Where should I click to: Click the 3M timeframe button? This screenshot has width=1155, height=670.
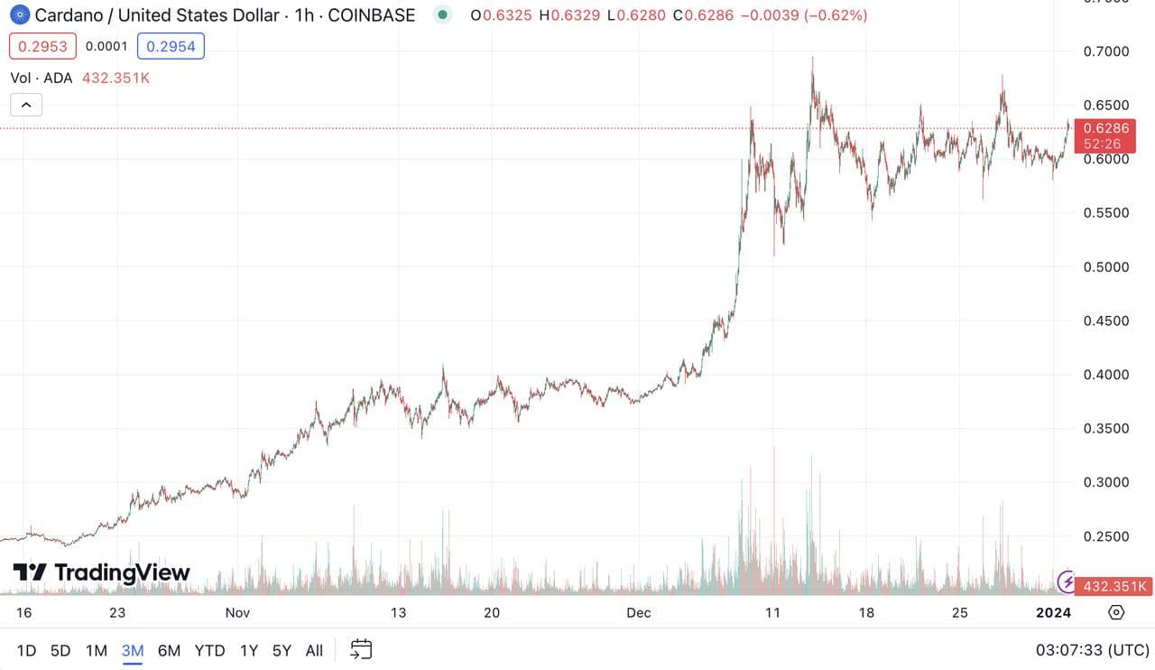click(133, 650)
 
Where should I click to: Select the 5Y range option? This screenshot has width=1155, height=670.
click(282, 650)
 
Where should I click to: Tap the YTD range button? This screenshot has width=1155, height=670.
click(209, 650)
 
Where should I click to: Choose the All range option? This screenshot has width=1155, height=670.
click(314, 650)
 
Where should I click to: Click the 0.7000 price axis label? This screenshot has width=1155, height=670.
click(1105, 51)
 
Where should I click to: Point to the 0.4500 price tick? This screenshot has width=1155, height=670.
click(1105, 321)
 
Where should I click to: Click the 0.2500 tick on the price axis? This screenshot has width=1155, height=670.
click(1105, 536)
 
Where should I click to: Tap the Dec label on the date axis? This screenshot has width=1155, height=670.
click(639, 612)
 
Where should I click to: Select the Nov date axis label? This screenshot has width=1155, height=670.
click(237, 612)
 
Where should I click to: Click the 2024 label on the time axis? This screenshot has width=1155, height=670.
click(1053, 612)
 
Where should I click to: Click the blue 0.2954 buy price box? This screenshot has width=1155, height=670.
click(171, 46)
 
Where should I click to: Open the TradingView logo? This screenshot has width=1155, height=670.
click(101, 572)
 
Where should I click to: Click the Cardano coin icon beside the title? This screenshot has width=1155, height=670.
click(19, 14)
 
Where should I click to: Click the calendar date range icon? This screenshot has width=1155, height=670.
click(361, 649)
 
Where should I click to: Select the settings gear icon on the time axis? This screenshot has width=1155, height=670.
click(1116, 612)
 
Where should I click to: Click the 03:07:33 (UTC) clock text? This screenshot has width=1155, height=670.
click(1092, 650)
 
